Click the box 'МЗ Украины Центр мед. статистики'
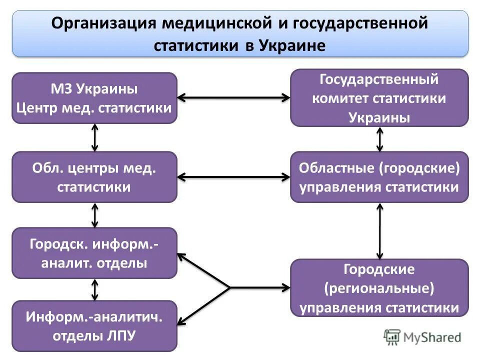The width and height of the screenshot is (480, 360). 94,98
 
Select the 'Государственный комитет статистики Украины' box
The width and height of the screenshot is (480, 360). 379,98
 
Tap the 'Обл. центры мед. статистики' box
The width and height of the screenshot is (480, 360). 94,177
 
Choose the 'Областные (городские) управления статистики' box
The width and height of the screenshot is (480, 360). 379,177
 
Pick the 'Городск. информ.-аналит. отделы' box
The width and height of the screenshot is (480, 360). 94,253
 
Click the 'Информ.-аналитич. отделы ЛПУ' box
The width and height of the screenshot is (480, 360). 94,326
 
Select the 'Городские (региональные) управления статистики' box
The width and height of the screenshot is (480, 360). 379,288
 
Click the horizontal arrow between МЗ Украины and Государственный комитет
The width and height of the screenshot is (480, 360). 233,98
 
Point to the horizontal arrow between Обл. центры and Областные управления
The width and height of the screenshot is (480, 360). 233,176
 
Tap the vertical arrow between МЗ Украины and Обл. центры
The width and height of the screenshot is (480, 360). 95,137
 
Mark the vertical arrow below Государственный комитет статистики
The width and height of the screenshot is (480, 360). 380,139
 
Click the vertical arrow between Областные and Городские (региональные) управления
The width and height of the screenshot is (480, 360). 380,230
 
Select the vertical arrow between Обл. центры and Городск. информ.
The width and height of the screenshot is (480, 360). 95,215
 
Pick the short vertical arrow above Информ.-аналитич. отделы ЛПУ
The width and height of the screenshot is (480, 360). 95,289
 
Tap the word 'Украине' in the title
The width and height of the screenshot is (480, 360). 292,46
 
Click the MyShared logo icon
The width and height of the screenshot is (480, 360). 392,337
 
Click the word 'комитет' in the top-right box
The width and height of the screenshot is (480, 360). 340,98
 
